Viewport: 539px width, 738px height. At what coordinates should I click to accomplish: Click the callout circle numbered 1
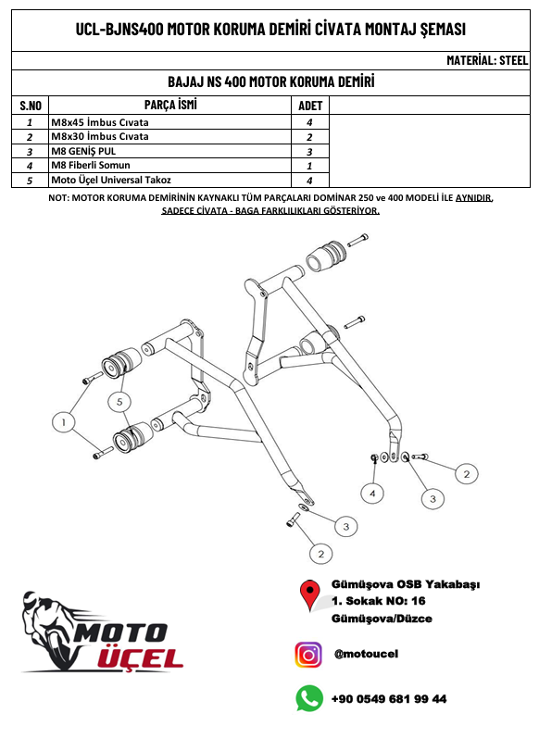click(x=64, y=422)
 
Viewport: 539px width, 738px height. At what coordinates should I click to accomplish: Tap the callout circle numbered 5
click(x=119, y=402)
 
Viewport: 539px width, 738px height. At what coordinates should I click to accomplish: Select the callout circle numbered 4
click(x=372, y=494)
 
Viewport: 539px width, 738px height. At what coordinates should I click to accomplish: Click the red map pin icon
click(x=309, y=594)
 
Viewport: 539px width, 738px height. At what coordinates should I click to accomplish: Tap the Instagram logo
click(x=308, y=655)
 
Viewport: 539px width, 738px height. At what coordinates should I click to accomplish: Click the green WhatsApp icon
click(x=309, y=698)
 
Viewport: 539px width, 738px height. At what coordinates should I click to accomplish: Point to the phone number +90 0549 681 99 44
click(x=389, y=699)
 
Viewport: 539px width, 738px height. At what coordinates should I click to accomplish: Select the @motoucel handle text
click(x=366, y=654)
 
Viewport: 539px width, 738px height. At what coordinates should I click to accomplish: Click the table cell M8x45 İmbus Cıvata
click(x=169, y=122)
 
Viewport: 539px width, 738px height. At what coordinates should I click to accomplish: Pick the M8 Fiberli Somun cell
click(x=169, y=165)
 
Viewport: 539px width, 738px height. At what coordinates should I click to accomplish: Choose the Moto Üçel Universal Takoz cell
click(x=169, y=180)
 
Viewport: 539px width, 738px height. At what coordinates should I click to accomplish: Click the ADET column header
click(x=310, y=106)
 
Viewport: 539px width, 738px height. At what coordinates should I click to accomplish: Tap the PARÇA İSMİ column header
click(x=169, y=105)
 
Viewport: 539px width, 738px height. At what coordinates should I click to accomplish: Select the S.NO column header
click(x=31, y=106)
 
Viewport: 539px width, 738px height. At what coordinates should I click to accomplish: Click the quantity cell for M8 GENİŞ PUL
click(x=309, y=152)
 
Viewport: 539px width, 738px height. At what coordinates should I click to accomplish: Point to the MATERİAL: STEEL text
click(x=487, y=60)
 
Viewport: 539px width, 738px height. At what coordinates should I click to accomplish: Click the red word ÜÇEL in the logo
click(x=140, y=657)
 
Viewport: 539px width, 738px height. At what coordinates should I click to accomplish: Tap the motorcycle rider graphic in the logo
click(x=47, y=630)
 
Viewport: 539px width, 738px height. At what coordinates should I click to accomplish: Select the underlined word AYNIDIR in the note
click(x=473, y=197)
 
